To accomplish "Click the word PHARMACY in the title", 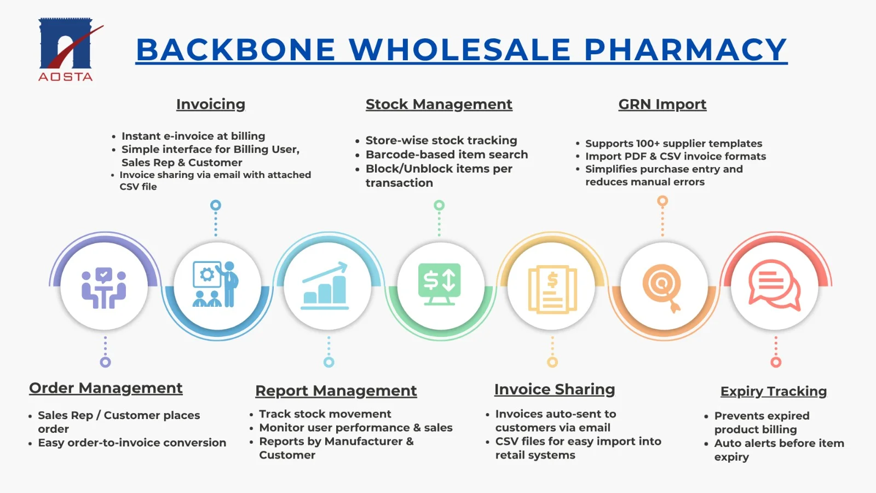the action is click(x=685, y=50).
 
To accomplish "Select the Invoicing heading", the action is click(x=211, y=105).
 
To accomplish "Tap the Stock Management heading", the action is click(x=439, y=105).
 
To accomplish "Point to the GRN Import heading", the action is click(x=662, y=105).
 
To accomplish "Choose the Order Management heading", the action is click(x=106, y=388).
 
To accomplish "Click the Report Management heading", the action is click(x=336, y=391).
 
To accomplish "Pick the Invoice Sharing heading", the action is click(x=555, y=389).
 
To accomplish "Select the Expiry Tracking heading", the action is click(x=774, y=391).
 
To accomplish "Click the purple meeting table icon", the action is click(x=103, y=288).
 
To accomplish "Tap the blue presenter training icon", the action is click(x=216, y=284).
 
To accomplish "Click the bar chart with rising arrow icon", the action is click(x=325, y=285).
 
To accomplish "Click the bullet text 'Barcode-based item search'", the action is click(x=447, y=154).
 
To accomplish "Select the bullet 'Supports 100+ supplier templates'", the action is click(x=673, y=144).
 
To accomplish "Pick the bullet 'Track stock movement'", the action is click(x=325, y=414).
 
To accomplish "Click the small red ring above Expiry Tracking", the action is click(x=776, y=362).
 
